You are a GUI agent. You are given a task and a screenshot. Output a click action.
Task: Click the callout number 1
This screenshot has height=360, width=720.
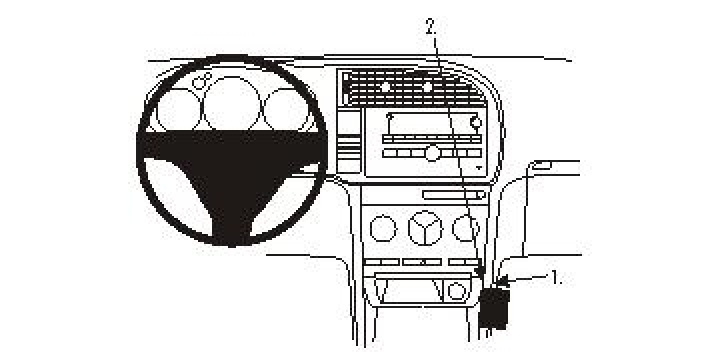point(556,277)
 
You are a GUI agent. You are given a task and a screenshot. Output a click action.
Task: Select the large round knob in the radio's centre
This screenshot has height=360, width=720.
point(432,152)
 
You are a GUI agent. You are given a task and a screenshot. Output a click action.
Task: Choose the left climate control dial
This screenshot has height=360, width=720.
point(381,230)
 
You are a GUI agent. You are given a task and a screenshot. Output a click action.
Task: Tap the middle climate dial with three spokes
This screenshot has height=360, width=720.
point(423,230)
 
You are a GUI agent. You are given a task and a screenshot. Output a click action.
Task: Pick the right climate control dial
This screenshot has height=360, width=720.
point(465,230)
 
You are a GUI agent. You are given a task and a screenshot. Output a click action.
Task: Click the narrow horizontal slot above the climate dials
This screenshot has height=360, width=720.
point(454,194)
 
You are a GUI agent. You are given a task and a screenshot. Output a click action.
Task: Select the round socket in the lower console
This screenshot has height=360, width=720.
point(455,291)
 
